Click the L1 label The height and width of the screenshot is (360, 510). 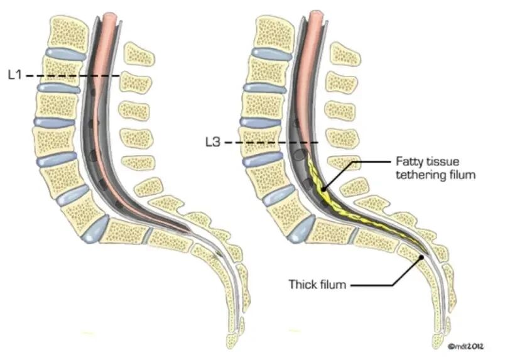point(15,75)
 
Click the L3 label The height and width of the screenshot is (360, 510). point(214,143)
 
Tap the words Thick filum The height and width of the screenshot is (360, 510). point(317,285)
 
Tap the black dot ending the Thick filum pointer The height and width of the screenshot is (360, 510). point(422,256)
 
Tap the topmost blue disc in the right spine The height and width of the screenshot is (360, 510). point(269,53)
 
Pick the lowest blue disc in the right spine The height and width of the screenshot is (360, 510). point(300,229)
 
